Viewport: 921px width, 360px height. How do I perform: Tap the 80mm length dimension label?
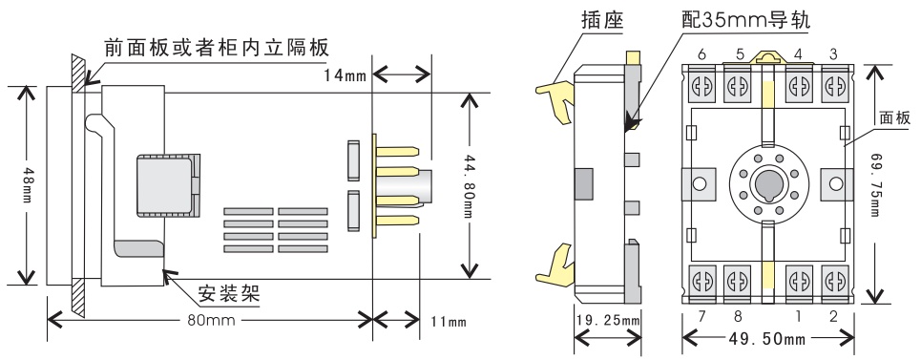[x=212, y=320]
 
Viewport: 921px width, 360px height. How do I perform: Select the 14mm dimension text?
[x=345, y=75]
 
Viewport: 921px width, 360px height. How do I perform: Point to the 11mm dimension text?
[x=450, y=321]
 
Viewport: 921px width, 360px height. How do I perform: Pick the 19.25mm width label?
[x=607, y=321]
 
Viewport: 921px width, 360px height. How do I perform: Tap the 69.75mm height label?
[x=876, y=185]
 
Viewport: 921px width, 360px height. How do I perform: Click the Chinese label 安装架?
[x=228, y=292]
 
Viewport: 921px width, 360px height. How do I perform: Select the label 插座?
[x=603, y=20]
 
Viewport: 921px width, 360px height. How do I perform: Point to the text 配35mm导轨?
[x=746, y=20]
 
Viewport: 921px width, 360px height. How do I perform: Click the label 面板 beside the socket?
[x=894, y=117]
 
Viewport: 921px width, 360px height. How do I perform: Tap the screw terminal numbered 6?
[x=701, y=86]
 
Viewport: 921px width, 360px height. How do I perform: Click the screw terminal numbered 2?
[x=833, y=281]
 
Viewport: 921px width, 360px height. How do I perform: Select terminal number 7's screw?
[x=701, y=281]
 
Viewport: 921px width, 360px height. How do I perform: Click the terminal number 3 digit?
[x=833, y=54]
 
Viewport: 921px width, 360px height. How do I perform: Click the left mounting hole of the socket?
[x=699, y=183]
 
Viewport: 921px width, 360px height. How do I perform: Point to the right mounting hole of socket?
[x=835, y=183]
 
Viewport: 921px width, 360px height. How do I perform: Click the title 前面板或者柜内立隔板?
[x=217, y=47]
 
